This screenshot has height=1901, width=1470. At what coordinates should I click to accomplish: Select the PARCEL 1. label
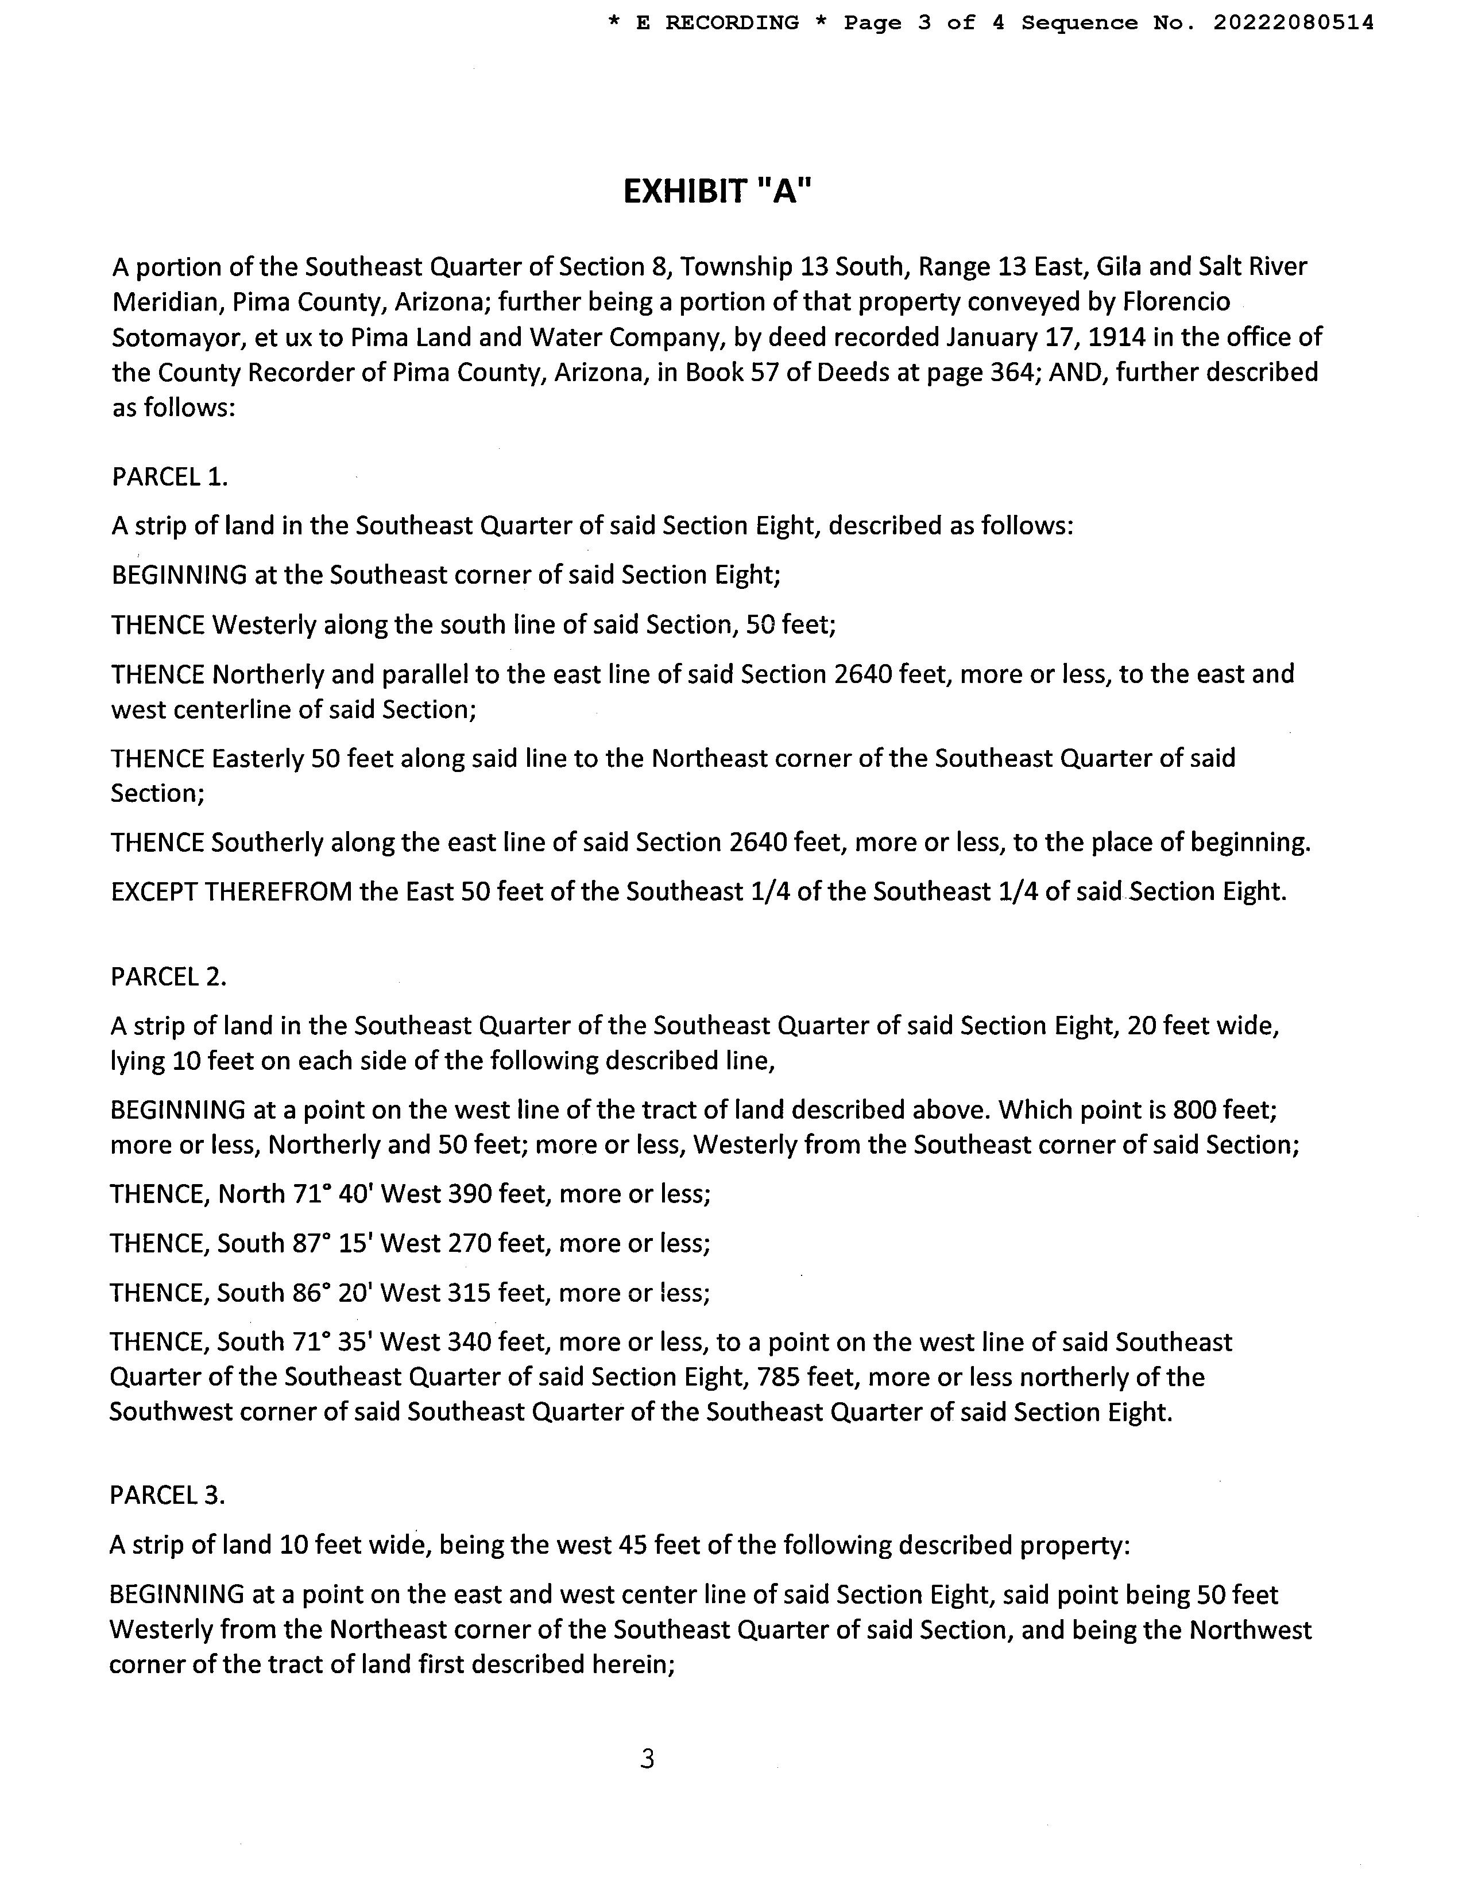(170, 476)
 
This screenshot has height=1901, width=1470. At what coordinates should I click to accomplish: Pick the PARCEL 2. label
(168, 976)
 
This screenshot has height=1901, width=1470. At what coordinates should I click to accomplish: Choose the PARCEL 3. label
(167, 1495)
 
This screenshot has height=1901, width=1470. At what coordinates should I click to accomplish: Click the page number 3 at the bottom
(647, 1759)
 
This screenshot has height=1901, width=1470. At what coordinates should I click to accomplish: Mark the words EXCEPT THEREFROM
(231, 891)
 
